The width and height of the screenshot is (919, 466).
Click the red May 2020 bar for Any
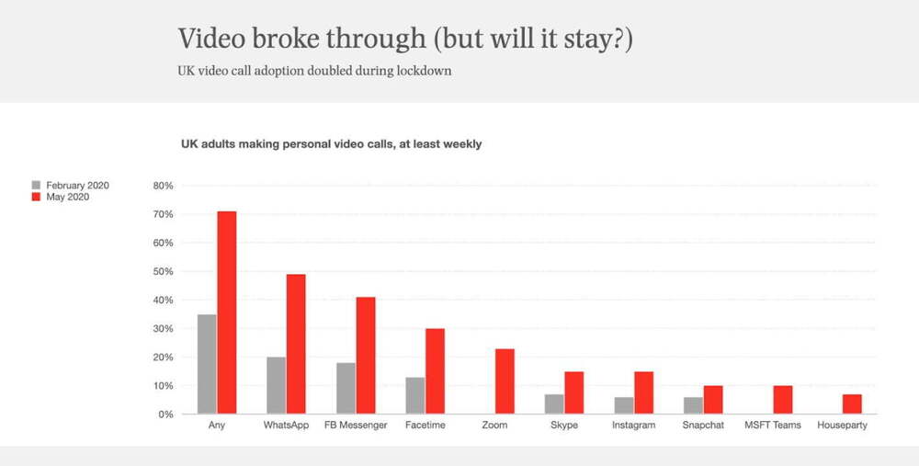(x=227, y=313)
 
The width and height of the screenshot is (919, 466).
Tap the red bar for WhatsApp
(x=296, y=344)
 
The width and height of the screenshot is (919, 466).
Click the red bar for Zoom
(x=505, y=381)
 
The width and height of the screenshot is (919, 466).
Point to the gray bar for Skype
(x=554, y=403)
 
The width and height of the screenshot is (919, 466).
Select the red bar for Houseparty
(x=852, y=403)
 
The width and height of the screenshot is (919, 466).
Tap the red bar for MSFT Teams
(x=783, y=400)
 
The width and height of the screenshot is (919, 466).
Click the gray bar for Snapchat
(x=693, y=405)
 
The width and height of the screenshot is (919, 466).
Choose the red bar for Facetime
(x=436, y=371)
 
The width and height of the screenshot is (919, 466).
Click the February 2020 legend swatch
(x=36, y=185)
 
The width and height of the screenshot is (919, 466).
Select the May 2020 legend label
(x=67, y=196)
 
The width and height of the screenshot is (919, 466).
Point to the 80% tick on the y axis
(x=162, y=186)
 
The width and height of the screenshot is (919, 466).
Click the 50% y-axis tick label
(x=162, y=271)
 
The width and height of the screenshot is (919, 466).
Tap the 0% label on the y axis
(x=165, y=415)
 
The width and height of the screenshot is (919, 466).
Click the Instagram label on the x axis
(x=634, y=426)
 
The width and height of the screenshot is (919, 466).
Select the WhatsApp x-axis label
(x=287, y=426)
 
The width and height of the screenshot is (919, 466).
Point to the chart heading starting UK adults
(x=331, y=143)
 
